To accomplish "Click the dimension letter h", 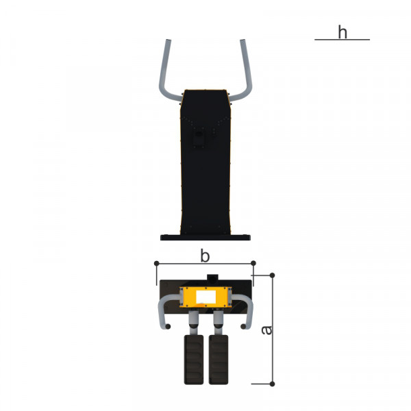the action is click(x=342, y=32).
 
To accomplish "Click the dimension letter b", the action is click(x=205, y=256).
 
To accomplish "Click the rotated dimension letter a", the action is click(x=267, y=330).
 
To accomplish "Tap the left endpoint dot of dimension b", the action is click(x=157, y=263).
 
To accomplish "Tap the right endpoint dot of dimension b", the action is click(x=253, y=263).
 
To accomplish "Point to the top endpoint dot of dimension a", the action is click(x=273, y=275).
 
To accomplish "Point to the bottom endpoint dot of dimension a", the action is click(x=273, y=384).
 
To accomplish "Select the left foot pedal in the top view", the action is click(x=194, y=360).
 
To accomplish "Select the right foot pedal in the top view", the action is click(x=219, y=360).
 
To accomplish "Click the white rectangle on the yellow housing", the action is click(x=206, y=297).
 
